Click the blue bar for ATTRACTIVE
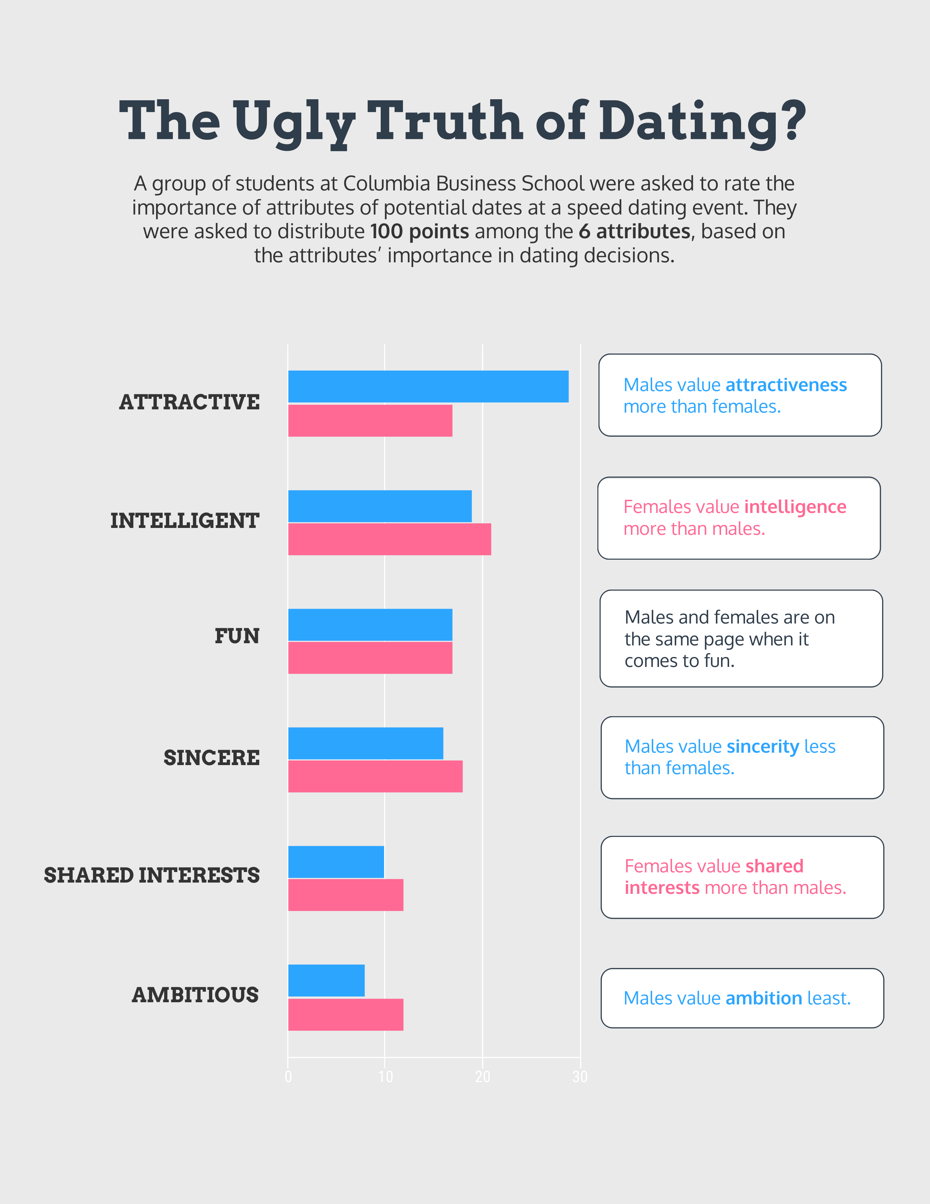point(428,386)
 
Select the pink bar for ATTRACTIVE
point(370,421)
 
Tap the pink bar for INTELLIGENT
point(390,539)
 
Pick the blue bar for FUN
point(370,625)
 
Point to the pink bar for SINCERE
point(375,776)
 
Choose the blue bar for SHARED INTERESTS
point(336,862)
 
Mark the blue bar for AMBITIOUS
point(326,980)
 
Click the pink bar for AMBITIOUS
point(345,1014)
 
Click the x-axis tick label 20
point(483,1077)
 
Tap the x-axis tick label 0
point(288,1077)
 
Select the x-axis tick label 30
point(580,1077)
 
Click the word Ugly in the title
point(295,122)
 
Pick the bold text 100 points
point(419,231)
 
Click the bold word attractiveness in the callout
point(786,385)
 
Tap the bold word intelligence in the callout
point(795,507)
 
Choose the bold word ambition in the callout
point(764,998)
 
